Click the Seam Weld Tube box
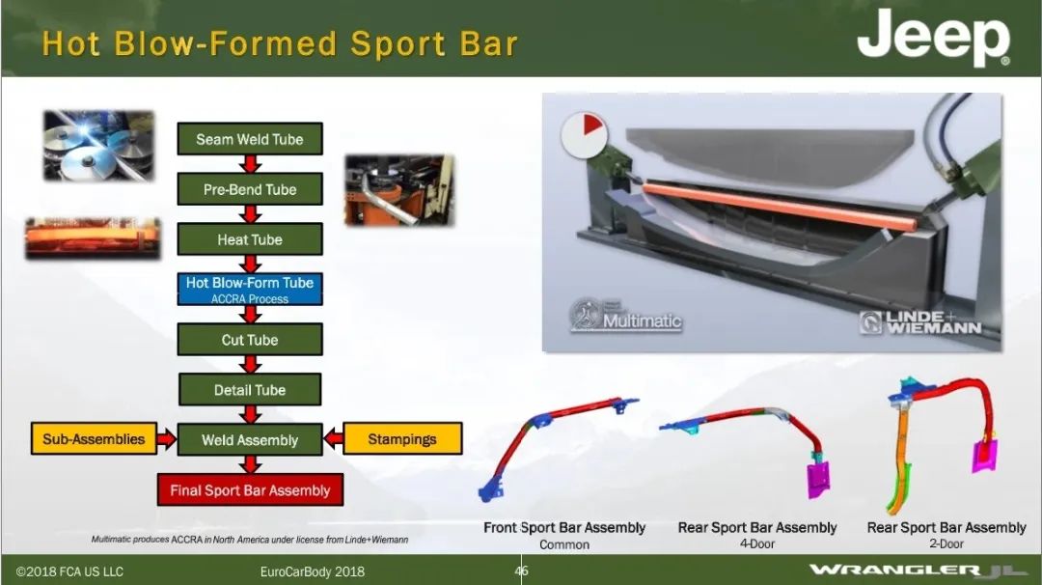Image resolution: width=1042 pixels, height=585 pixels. coord(250,139)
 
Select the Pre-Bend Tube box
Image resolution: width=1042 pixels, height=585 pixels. coord(250,189)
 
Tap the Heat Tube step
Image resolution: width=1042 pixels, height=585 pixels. coord(250,239)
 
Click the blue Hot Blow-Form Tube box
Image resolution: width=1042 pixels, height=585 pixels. coord(250,290)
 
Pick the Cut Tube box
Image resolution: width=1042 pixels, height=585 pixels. coord(250,340)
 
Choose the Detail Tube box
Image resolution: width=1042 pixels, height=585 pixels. coord(250,390)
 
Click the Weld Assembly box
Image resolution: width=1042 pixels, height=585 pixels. coord(250,439)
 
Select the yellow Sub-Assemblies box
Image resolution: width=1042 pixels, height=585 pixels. coord(94,438)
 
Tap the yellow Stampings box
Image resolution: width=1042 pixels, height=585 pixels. coord(402,438)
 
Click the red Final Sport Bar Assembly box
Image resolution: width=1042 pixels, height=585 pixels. coord(250,490)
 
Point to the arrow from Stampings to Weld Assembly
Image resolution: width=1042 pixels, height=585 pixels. coord(333,438)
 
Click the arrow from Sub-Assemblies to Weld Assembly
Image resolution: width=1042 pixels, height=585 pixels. coord(167,438)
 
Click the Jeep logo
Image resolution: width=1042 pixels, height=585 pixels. coord(934,38)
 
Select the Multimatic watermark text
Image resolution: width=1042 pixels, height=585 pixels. coord(642,321)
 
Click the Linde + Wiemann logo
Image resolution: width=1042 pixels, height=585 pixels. coord(920,322)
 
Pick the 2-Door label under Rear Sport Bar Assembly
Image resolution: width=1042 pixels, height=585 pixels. coord(946,543)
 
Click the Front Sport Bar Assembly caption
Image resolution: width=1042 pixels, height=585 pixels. coord(564,528)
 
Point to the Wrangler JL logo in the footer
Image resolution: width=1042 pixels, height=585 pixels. coord(918,571)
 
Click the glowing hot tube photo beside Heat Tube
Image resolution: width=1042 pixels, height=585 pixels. coord(93,237)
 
